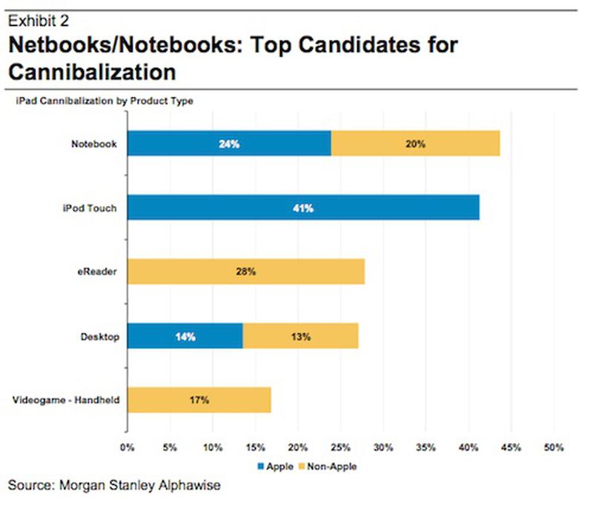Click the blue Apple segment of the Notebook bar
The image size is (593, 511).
tap(229, 144)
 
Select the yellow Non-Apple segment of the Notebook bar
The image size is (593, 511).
tap(415, 144)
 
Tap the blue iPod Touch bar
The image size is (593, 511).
tap(303, 208)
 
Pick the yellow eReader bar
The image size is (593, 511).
tap(246, 272)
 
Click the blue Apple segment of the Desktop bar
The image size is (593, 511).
tap(185, 336)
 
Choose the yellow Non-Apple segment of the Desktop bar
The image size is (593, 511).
tap(300, 336)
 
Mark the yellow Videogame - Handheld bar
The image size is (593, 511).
tap(199, 400)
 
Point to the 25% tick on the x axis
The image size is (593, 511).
tap(341, 447)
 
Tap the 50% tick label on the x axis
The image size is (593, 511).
tap(554, 447)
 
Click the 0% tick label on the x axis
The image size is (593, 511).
tap(127, 447)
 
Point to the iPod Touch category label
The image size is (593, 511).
tap(90, 208)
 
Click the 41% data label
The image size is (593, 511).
tap(303, 209)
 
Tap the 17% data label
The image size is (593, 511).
tap(199, 400)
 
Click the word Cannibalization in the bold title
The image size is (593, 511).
tap(92, 73)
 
